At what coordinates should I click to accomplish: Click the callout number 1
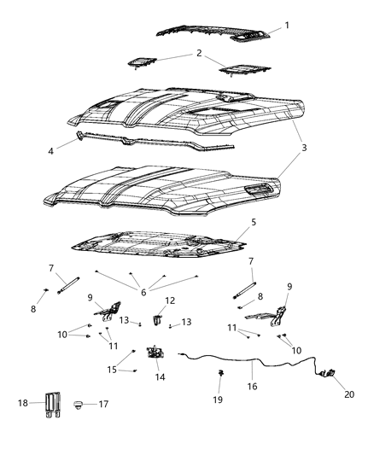[287, 26]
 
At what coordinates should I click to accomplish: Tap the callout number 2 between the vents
[200, 53]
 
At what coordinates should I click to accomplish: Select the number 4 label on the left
[50, 151]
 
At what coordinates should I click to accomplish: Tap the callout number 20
[348, 394]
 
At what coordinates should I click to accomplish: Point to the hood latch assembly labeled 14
[156, 353]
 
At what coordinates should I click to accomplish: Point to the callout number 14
[159, 376]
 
